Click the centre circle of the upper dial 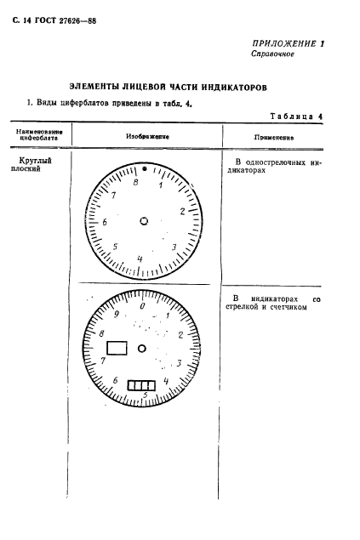tap(143, 222)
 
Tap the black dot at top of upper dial tap(144, 169)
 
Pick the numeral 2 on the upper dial tap(182, 211)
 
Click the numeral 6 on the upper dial tap(105, 222)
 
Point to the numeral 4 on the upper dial tap(140, 259)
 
